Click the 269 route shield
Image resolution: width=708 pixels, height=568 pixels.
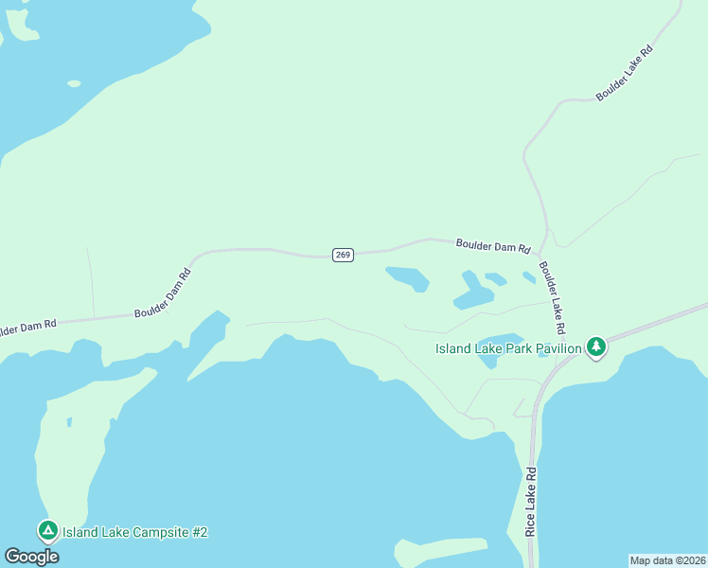(343, 255)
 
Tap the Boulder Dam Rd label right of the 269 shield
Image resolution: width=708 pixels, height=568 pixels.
(492, 246)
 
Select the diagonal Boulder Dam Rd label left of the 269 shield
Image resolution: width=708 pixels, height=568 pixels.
(163, 293)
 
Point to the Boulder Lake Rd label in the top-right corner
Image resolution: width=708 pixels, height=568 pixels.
(625, 72)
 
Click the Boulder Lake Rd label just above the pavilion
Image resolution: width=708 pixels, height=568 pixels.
(552, 296)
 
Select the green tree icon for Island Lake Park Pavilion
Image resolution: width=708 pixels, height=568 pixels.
(595, 347)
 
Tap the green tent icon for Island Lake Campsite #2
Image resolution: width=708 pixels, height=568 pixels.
(47, 531)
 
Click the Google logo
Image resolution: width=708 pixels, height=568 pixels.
(31, 557)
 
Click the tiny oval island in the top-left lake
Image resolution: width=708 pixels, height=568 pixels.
(74, 83)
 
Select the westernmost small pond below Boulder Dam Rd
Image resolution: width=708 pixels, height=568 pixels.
(407, 278)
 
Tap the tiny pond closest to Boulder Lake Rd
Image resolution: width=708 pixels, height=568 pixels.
(529, 277)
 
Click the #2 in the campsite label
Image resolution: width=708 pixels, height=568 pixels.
(198, 532)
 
